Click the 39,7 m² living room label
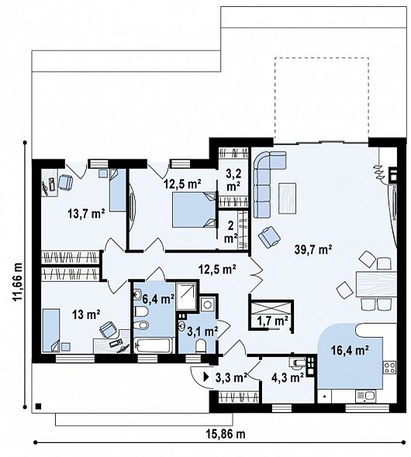click(x=313, y=249)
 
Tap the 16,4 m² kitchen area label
click(x=350, y=350)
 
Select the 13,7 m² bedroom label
click(x=86, y=215)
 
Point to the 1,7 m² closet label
click(x=273, y=321)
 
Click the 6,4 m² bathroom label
click(x=159, y=299)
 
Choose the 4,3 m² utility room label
click(x=288, y=377)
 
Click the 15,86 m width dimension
click(x=226, y=435)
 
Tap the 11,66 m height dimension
click(x=18, y=281)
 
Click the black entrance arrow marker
click(x=206, y=377)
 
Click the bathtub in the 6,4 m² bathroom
click(x=154, y=345)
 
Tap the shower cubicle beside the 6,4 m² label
click(x=186, y=296)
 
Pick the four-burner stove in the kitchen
click(x=390, y=368)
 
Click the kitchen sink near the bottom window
click(x=366, y=396)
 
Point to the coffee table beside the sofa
click(x=288, y=198)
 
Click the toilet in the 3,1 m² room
click(x=200, y=346)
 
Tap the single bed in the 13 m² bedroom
click(x=51, y=330)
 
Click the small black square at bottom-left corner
click(x=38, y=406)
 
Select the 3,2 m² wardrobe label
click(x=233, y=180)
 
